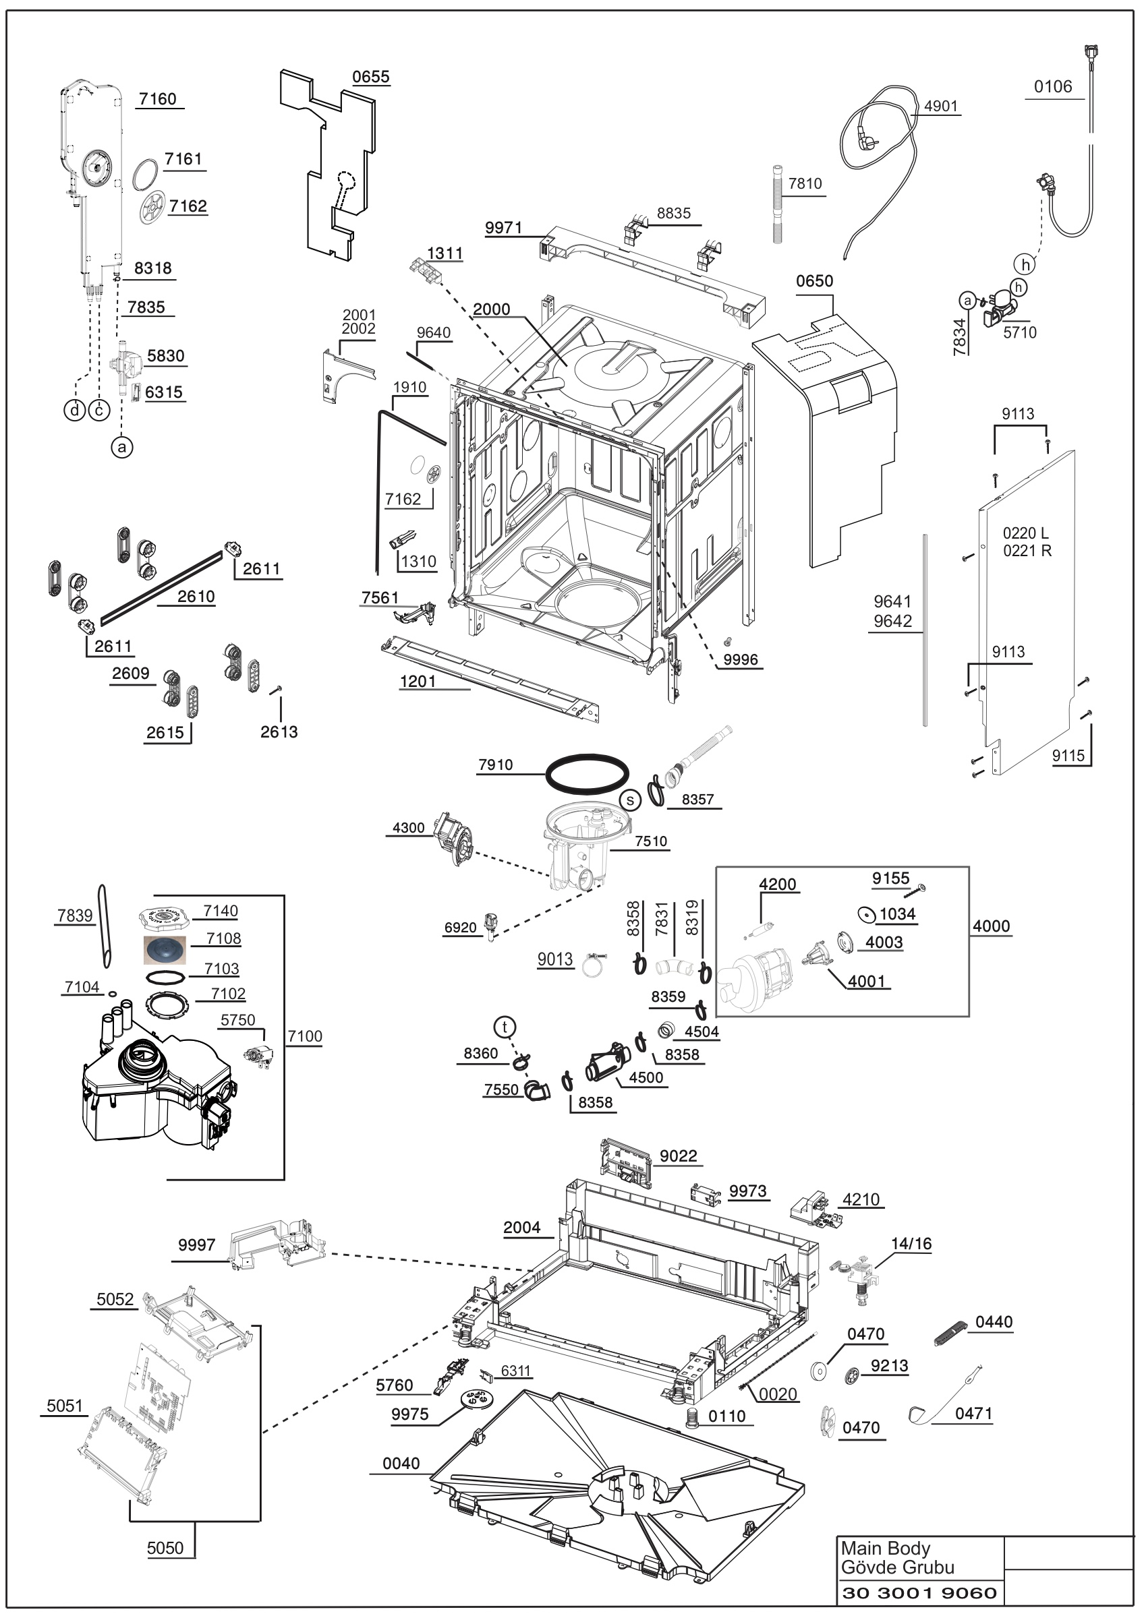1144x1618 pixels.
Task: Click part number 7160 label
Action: [157, 98]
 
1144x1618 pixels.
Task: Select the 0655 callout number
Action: [371, 77]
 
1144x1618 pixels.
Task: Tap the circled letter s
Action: [630, 800]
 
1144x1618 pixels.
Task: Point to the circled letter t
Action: [505, 1027]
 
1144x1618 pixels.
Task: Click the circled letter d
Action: [75, 409]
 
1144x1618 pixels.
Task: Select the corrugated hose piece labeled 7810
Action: [778, 204]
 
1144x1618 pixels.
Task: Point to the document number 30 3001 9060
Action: [919, 1592]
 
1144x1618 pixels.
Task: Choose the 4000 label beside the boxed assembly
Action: [991, 926]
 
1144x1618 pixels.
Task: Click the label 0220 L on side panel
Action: [1025, 533]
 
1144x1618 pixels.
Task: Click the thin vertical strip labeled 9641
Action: [925, 629]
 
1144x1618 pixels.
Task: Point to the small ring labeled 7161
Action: [146, 174]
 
